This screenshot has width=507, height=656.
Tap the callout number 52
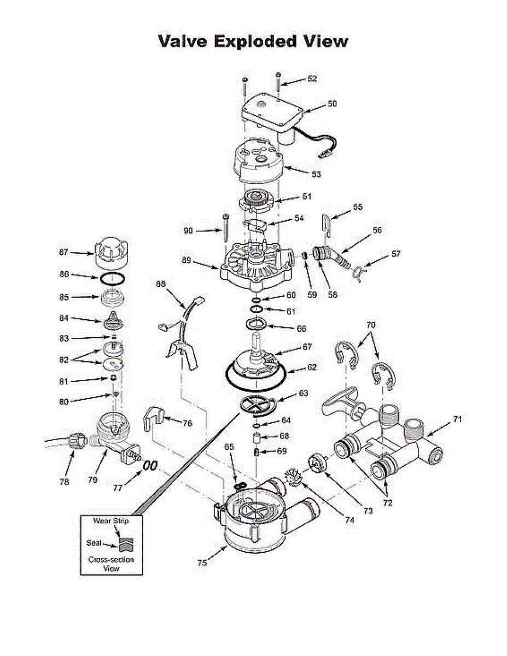pos(312,79)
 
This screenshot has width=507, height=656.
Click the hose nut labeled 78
pos(76,440)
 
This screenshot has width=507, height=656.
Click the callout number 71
pos(457,419)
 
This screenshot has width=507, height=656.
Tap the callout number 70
pos(371,325)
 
